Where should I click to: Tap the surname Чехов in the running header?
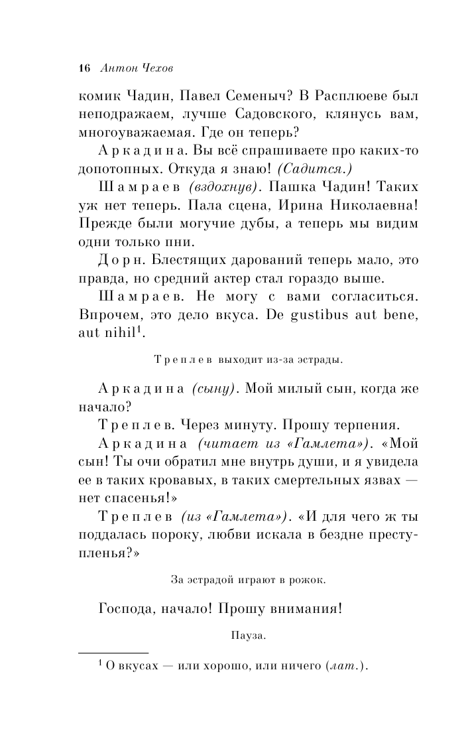click(x=154, y=68)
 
